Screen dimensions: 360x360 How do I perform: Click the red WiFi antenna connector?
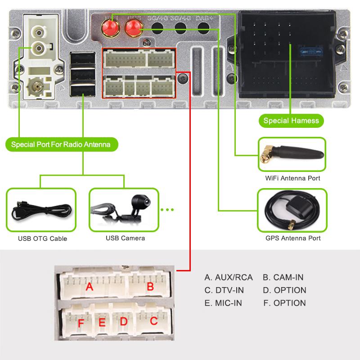tap(110, 29)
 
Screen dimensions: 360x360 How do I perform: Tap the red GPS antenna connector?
tap(133, 29)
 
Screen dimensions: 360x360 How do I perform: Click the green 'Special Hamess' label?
tap(291, 120)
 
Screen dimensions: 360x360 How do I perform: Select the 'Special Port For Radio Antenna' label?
tap(63, 144)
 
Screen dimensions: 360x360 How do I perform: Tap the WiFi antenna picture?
tap(292, 155)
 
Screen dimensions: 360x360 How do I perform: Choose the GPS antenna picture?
tap(292, 210)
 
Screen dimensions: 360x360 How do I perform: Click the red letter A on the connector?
tap(90, 287)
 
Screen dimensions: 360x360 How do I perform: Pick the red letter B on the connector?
tap(150, 287)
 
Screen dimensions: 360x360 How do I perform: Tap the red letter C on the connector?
tap(153, 321)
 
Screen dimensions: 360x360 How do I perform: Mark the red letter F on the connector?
tap(81, 323)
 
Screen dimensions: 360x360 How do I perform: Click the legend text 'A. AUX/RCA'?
tap(229, 277)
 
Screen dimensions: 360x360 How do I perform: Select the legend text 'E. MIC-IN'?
tap(223, 303)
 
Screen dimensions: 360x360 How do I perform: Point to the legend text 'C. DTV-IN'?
tap(223, 290)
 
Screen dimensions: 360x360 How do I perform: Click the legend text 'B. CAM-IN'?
tap(283, 277)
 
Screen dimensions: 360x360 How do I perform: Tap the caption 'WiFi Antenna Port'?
tap(292, 178)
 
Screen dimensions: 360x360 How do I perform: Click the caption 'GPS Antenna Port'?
tap(293, 238)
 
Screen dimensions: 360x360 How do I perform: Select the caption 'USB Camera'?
tap(125, 238)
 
